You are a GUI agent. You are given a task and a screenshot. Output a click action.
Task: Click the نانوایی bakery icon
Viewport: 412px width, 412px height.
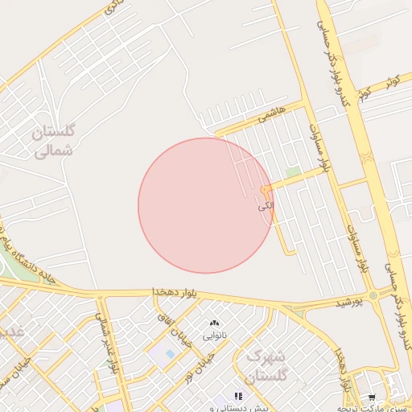click(x=214, y=323)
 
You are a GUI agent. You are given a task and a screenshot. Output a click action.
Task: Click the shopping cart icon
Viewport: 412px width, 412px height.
click(x=372, y=398)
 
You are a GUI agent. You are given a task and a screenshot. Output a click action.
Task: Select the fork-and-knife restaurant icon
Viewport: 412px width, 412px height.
click(x=237, y=396)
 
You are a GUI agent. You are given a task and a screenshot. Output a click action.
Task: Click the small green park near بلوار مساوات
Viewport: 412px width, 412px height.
click(x=293, y=172)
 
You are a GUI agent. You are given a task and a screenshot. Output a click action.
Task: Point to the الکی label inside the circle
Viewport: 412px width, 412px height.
click(x=266, y=207)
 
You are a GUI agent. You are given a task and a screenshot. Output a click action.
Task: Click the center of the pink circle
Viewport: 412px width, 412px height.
click(x=206, y=205)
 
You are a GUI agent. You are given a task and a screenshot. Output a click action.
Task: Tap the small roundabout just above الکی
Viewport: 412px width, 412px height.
click(x=266, y=191)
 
